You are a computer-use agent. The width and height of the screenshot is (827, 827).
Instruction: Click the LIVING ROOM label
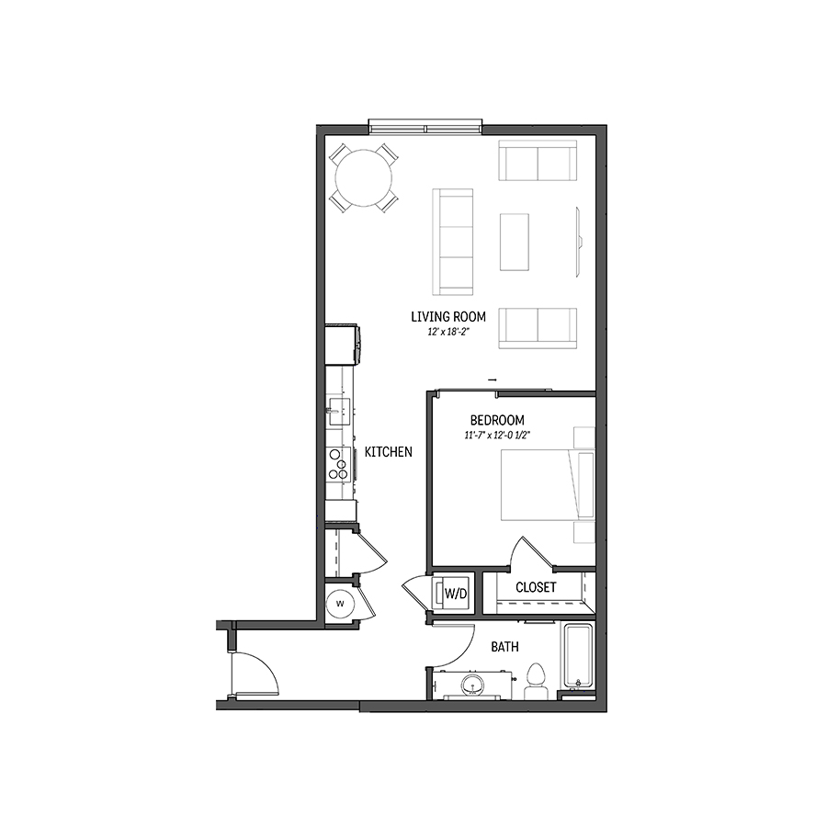tap(448, 316)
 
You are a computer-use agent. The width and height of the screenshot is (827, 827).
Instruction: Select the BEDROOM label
tap(497, 420)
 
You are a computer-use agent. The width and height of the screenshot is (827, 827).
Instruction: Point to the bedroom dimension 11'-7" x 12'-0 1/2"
tap(497, 436)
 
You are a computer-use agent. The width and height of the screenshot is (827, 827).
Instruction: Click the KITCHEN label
tap(389, 452)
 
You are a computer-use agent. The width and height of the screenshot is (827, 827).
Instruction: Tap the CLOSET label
tap(536, 587)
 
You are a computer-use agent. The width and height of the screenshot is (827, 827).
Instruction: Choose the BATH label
tap(504, 647)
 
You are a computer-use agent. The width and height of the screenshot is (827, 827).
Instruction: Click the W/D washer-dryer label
tap(456, 594)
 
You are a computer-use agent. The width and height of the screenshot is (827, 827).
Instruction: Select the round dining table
tap(364, 178)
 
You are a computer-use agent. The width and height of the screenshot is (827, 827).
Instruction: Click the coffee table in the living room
tap(515, 242)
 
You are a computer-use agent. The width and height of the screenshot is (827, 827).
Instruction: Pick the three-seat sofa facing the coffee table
tap(452, 242)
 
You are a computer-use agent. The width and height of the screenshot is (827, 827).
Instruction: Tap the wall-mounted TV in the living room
tap(578, 242)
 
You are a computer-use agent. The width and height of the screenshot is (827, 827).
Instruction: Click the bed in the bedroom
tap(548, 484)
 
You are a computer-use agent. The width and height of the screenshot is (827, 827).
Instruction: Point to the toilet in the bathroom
tap(536, 680)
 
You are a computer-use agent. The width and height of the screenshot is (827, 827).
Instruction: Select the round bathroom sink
tap(472, 685)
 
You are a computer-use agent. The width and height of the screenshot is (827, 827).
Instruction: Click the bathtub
tap(579, 657)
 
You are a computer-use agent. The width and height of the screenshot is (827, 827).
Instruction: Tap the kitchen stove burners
tap(338, 464)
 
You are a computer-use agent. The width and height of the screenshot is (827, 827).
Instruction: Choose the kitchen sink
tap(338, 412)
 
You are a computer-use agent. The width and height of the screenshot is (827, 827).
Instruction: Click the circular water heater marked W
tap(340, 604)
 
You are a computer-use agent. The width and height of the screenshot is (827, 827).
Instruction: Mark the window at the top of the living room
tap(425, 127)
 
